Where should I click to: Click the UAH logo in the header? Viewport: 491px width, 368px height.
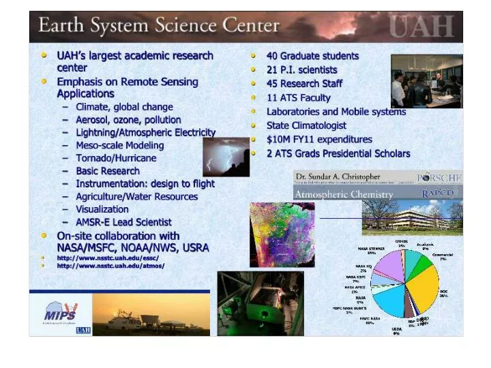(421, 27)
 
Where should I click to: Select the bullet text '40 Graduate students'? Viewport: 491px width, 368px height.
(312, 56)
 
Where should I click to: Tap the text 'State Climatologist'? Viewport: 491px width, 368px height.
(306, 125)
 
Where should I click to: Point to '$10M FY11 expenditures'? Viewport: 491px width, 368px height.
(319, 140)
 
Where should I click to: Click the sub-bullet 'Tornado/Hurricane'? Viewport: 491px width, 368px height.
(116, 158)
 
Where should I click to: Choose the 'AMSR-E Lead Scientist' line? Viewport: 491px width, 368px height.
(123, 222)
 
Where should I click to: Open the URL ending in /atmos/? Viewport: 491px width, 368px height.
(110, 266)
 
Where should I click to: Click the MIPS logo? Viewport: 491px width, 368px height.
(60, 313)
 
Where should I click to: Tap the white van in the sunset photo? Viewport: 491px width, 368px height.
(123, 321)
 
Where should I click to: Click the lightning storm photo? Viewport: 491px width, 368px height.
(226, 157)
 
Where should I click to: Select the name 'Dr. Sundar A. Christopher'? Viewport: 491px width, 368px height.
(338, 177)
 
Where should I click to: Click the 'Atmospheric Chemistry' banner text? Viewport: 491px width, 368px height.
(344, 195)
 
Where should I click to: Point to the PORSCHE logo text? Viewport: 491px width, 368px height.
(439, 177)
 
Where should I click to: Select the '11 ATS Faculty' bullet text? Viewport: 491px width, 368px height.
(298, 97)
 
